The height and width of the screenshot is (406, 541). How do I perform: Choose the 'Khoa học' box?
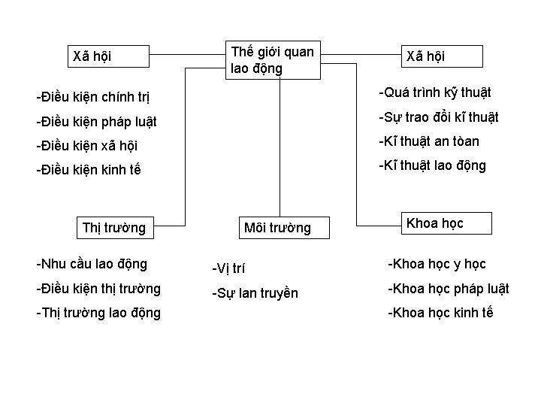(x=446, y=223)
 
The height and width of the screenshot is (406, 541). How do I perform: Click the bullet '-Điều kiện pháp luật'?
(x=96, y=121)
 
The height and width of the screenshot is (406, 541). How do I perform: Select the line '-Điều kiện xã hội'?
(x=86, y=145)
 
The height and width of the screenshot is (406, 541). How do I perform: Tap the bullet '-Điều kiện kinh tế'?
(x=88, y=169)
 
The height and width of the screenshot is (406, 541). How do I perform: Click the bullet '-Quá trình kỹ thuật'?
(x=434, y=92)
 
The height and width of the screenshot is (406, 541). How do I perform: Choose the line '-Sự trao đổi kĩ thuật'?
(x=438, y=117)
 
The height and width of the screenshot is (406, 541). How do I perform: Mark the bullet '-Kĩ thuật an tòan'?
(x=428, y=141)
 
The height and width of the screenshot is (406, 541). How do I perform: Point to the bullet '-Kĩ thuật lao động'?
(x=432, y=165)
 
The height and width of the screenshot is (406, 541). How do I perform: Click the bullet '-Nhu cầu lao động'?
(x=92, y=264)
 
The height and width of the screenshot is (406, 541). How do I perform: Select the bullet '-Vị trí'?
(x=228, y=268)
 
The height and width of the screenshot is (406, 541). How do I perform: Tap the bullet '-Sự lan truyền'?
(x=255, y=293)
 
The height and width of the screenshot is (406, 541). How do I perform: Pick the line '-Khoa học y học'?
(x=437, y=264)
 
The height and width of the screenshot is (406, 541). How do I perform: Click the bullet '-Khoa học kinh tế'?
(x=440, y=313)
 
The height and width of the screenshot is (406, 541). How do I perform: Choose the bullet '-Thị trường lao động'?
(x=98, y=313)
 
